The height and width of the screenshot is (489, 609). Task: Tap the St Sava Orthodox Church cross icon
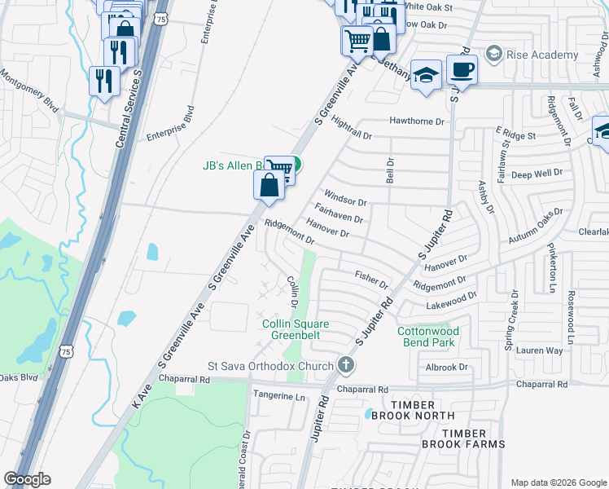point(346,365)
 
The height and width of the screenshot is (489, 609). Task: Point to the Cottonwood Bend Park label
point(428,337)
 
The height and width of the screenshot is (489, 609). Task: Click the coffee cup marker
point(462,71)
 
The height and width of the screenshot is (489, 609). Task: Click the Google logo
point(28,479)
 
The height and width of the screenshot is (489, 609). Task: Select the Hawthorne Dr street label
point(419,121)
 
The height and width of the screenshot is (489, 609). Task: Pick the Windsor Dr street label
point(346,197)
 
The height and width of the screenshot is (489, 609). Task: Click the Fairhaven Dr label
point(338,215)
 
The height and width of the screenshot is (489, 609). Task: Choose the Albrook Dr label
point(449,368)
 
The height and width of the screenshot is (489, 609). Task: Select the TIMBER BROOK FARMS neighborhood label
point(463,438)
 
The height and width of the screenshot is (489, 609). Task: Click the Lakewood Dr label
point(450,306)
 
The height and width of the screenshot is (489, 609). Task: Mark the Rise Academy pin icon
point(493,55)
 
